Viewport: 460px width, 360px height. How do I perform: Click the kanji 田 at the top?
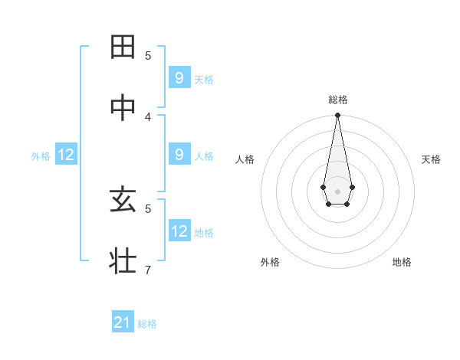[123, 47]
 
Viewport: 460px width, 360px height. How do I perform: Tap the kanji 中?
[123, 107]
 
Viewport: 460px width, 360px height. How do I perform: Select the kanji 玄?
[123, 200]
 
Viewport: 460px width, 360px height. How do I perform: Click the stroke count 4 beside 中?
[148, 116]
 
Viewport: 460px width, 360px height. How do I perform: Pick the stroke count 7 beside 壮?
[148, 270]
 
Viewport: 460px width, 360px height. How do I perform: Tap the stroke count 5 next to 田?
[148, 55]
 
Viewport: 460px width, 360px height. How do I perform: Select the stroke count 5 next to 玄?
[148, 208]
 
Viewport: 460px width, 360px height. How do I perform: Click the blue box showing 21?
[123, 322]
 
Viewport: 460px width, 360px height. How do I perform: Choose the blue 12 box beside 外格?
[66, 155]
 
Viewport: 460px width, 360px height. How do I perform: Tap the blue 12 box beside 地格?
[179, 231]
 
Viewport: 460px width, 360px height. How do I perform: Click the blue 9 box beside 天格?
[179, 77]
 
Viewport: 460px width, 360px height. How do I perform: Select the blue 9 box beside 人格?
[179, 155]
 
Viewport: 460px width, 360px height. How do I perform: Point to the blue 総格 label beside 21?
[147, 324]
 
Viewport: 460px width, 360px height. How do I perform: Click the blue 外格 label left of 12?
[41, 156]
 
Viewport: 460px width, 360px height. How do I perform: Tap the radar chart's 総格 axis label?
[338, 100]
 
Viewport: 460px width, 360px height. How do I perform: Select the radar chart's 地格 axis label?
[402, 262]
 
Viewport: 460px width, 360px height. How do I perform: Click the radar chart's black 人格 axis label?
[245, 159]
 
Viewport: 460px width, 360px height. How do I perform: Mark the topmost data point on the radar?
[337, 115]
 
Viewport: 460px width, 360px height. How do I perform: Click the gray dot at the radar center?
[337, 190]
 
